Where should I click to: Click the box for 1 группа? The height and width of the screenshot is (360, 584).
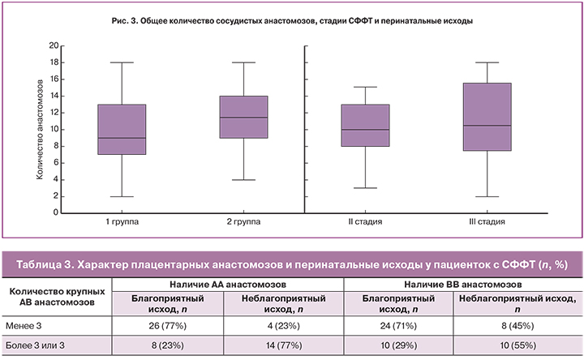pyautogui.click(x=121, y=129)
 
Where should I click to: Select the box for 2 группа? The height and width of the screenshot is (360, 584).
pyautogui.click(x=244, y=117)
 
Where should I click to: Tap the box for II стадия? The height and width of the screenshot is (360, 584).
pyautogui.click(x=365, y=125)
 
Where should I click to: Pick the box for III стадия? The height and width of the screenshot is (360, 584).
pyautogui.click(x=487, y=117)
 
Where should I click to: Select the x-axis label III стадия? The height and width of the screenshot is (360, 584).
pyautogui.click(x=487, y=221)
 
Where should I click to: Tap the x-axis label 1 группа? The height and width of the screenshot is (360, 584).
pyautogui.click(x=121, y=221)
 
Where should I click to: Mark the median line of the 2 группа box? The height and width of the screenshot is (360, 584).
pyautogui.click(x=244, y=118)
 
